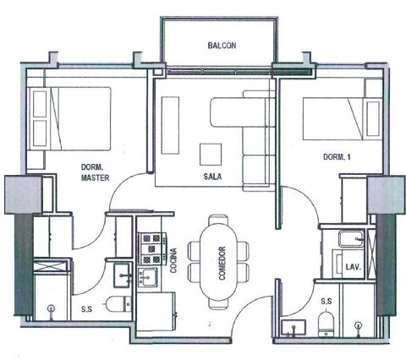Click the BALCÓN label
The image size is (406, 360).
tap(222, 46)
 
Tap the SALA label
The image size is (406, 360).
tap(212, 177)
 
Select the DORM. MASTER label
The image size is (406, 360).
tap(95, 172)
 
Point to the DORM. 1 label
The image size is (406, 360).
tap(337, 157)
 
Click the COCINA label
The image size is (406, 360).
tap(173, 260)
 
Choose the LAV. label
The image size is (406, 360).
tap(354, 267)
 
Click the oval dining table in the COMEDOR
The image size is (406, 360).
tap(218, 263)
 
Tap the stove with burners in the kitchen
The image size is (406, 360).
tap(151, 249)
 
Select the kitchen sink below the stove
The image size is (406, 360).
tap(147, 277)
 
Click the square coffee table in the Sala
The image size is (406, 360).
tap(211, 155)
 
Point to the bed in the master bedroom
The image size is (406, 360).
tap(69, 118)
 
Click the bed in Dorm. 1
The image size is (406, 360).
tap(343, 118)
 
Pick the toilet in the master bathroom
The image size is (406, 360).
tap(119, 304)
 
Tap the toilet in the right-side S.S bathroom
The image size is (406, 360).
tap(326, 325)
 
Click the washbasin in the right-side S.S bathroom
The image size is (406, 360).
tap(294, 328)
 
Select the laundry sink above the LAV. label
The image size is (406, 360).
tap(352, 239)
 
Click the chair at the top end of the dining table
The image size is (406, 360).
tap(218, 221)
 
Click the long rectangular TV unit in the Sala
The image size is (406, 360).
tap(170, 125)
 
